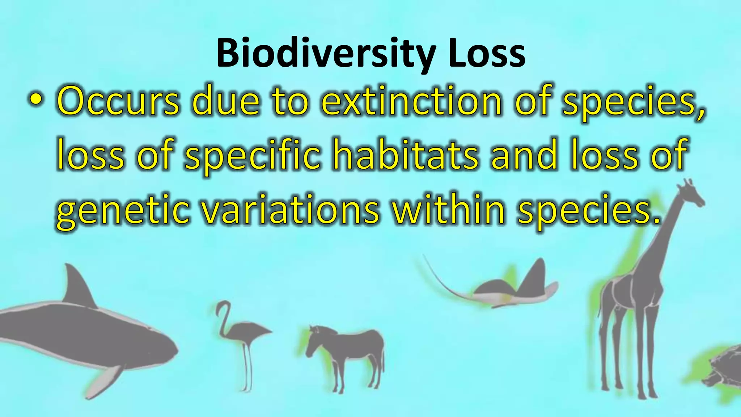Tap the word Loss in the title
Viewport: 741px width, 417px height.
[487, 54]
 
